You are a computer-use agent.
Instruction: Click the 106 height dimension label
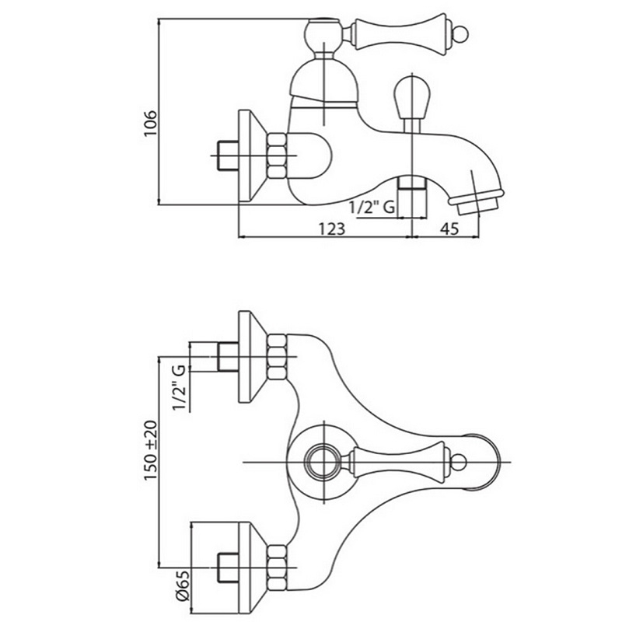click(151, 124)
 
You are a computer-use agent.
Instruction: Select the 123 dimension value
click(332, 229)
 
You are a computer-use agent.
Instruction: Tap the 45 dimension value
click(450, 229)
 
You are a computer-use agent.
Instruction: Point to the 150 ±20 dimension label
click(151, 450)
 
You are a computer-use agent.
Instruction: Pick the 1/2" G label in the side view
click(372, 207)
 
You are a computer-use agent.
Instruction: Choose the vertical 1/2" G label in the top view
click(179, 388)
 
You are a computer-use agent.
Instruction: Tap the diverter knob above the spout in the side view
click(411, 98)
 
